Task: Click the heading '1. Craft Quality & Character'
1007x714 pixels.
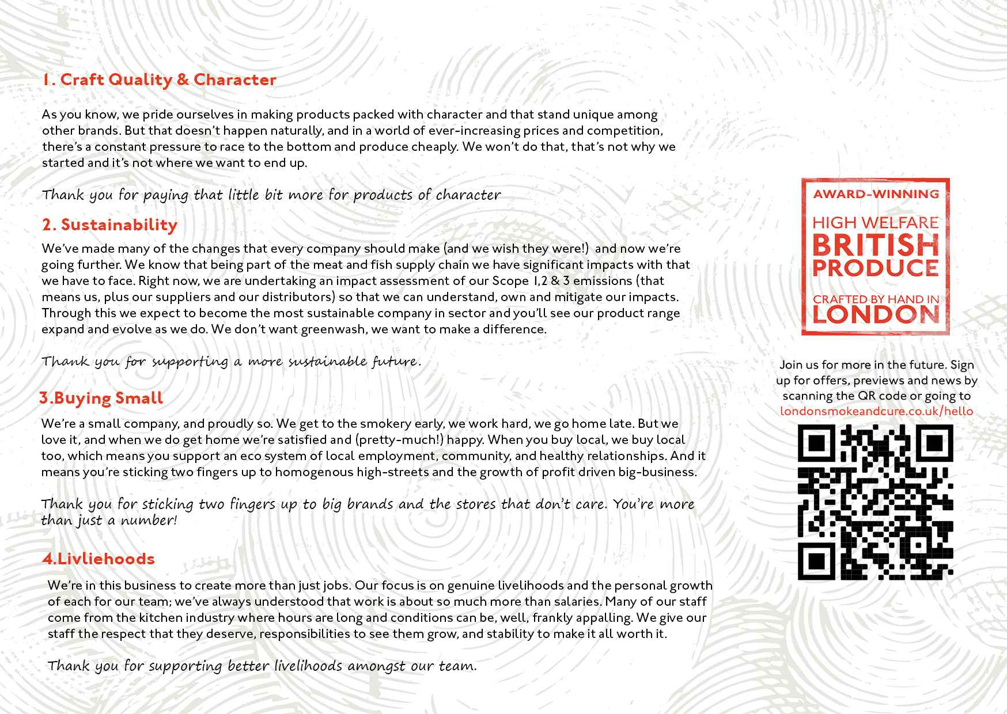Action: tap(159, 79)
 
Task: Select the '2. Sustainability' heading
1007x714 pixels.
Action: tap(109, 225)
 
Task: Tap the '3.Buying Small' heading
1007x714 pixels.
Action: tap(101, 398)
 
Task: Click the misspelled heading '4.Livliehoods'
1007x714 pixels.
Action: tap(99, 559)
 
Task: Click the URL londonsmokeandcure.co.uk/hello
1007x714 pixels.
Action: tap(876, 411)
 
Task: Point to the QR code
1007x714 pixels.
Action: tap(876, 502)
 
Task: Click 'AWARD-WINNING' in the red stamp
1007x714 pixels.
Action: tap(876, 194)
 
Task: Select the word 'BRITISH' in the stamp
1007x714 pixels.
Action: tap(876, 246)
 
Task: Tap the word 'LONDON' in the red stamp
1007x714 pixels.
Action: tap(876, 314)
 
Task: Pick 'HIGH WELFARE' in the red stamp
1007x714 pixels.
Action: tap(876, 222)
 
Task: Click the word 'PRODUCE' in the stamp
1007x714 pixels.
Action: tap(876, 268)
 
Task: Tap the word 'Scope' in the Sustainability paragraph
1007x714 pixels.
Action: tap(510, 281)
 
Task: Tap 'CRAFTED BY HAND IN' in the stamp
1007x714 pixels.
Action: tap(876, 299)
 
